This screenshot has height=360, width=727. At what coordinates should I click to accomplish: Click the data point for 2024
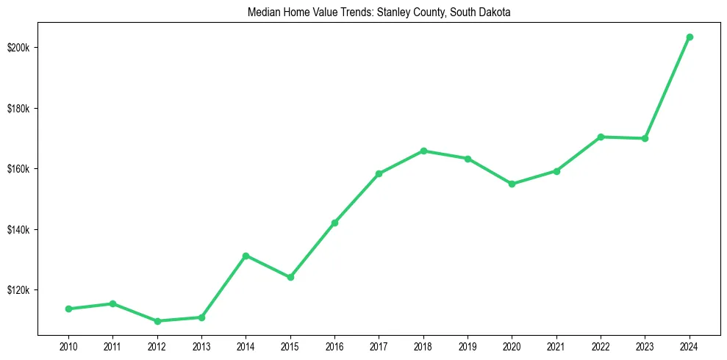(690, 37)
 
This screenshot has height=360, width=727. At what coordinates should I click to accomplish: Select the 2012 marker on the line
(157, 321)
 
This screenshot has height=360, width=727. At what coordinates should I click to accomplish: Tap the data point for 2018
(423, 151)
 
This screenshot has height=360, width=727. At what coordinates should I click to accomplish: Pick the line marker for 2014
(246, 256)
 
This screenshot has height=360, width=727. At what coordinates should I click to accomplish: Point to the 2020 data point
(512, 184)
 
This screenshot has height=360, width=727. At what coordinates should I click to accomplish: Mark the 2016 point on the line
(334, 223)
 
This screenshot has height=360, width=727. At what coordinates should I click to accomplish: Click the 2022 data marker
(601, 137)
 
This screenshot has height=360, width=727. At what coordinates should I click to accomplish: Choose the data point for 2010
(68, 309)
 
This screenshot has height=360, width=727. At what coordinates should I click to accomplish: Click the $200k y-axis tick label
(18, 48)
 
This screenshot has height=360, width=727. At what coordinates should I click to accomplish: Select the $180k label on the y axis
(18, 109)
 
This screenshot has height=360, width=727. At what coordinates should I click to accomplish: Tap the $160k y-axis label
(18, 169)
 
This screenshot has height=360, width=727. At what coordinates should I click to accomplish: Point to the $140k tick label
(18, 230)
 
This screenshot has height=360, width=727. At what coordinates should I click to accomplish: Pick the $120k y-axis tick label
(18, 290)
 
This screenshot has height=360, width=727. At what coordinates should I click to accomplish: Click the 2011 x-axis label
(112, 345)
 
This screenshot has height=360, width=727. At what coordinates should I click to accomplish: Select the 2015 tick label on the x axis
(290, 345)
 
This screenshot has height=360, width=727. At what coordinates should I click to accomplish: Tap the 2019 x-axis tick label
(468, 345)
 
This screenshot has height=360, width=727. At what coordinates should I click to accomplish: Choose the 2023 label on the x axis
(645, 345)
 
